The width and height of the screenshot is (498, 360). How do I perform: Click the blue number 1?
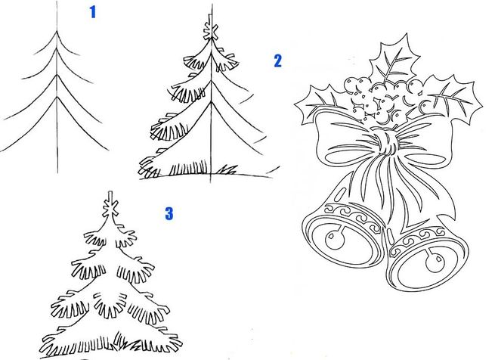92,12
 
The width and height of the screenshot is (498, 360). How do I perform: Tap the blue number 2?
277,61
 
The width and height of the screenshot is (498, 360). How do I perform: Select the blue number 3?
169,213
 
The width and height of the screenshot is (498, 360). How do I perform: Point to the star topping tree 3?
110,208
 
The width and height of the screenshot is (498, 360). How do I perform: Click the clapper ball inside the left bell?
335,241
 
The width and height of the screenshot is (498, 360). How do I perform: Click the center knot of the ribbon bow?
386,141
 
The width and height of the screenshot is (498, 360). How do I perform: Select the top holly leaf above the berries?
393,61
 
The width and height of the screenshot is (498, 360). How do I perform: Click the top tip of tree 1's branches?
57,31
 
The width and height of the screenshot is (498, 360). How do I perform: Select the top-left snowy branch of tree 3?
94,236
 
